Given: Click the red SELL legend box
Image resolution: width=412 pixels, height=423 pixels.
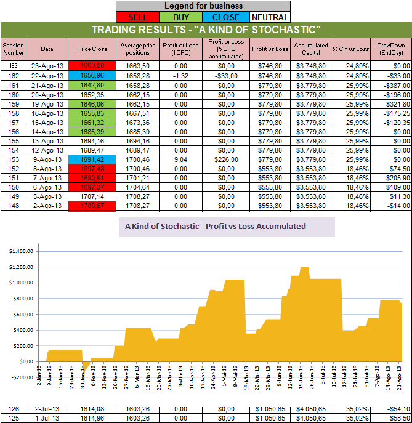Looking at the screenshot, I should (137, 17).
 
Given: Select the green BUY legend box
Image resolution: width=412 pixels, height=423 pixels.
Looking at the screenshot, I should (182, 17).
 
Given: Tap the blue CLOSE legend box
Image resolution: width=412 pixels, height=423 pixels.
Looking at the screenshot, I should (225, 17).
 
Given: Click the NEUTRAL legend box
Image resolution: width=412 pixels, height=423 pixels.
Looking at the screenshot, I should (269, 17).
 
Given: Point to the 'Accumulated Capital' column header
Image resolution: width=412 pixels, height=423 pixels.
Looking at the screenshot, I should (311, 49).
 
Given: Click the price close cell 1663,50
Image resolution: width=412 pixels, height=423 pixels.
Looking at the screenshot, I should (92, 65).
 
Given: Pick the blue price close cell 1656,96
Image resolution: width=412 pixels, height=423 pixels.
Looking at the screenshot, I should (92, 75).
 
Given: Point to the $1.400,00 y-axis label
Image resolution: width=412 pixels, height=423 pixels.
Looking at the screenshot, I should (21, 251).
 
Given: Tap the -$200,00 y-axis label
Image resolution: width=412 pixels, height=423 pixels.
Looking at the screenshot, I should (21, 377).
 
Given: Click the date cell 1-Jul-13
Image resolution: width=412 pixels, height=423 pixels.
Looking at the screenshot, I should (47, 418).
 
